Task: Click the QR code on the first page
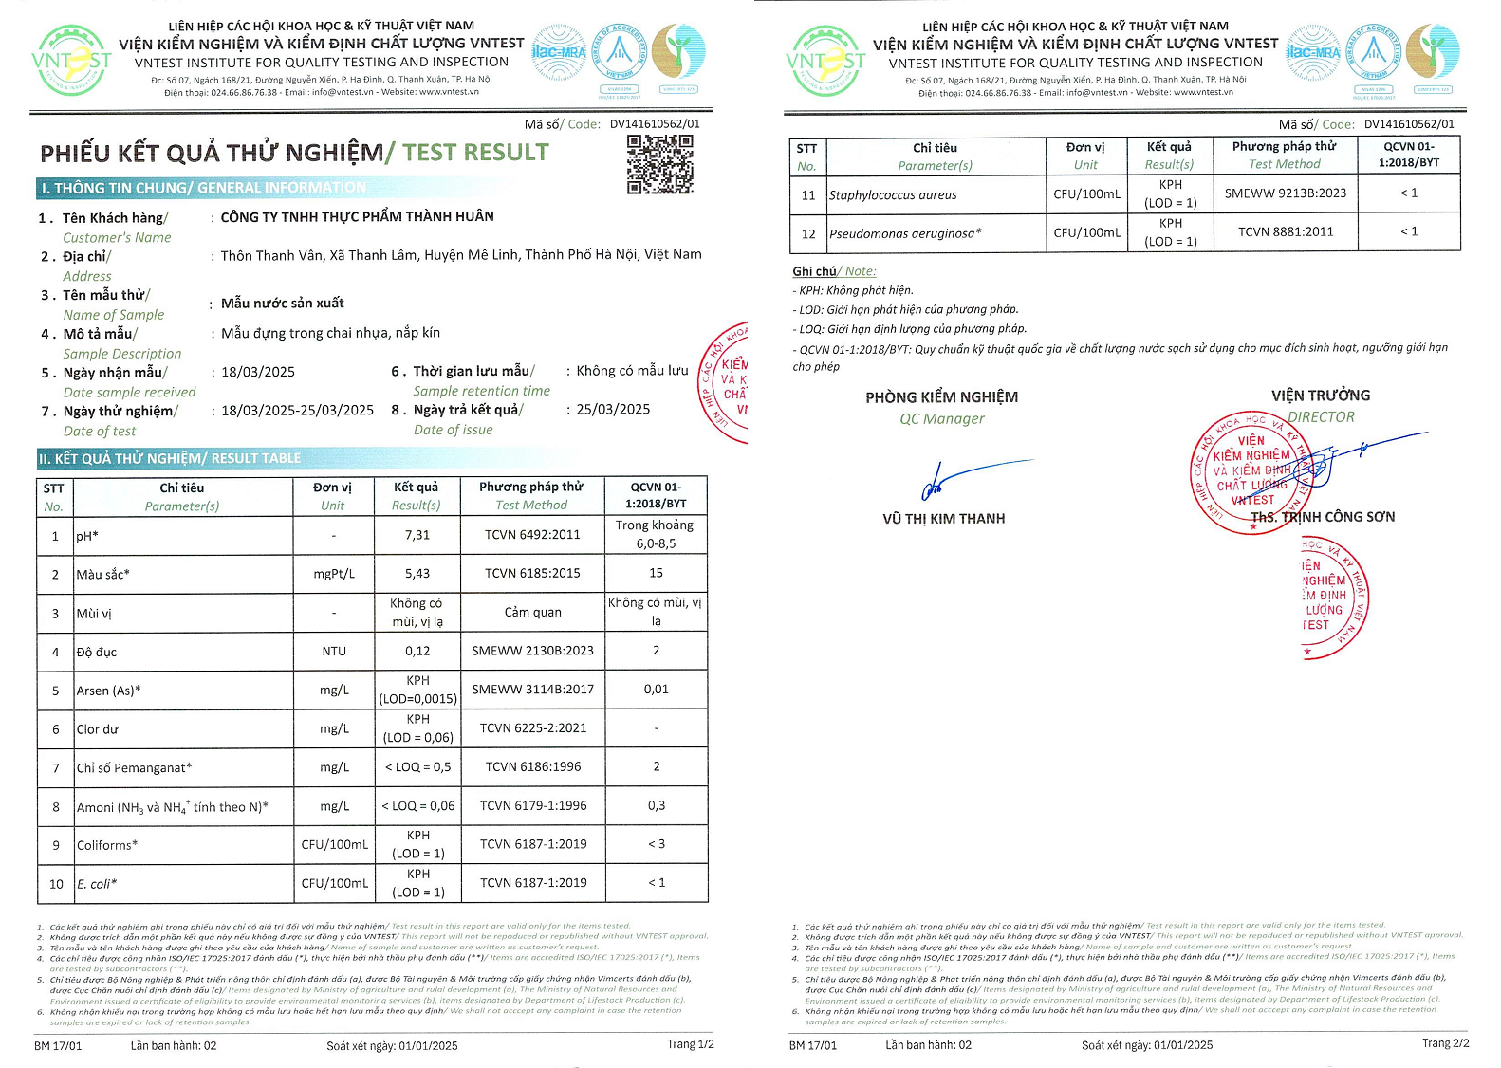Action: coord(659,164)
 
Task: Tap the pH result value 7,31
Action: coord(417,535)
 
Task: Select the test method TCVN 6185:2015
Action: coord(532,573)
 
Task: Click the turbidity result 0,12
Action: coord(417,651)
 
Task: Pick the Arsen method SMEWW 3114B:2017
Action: coord(532,690)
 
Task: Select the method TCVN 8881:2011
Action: coord(1286,231)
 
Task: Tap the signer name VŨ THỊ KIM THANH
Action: coord(943,519)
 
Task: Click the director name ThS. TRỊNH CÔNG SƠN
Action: coord(1323,517)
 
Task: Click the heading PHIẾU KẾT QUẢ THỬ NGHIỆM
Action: coord(212,153)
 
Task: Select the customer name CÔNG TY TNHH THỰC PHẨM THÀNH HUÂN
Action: coord(357,216)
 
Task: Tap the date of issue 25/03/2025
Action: coord(613,410)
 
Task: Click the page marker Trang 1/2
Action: coord(690,1044)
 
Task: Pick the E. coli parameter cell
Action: coord(97,884)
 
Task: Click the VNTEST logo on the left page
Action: coord(71,61)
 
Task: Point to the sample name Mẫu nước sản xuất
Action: coord(282,304)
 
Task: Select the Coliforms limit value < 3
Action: coord(656,844)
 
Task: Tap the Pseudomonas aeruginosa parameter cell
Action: coord(905,233)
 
